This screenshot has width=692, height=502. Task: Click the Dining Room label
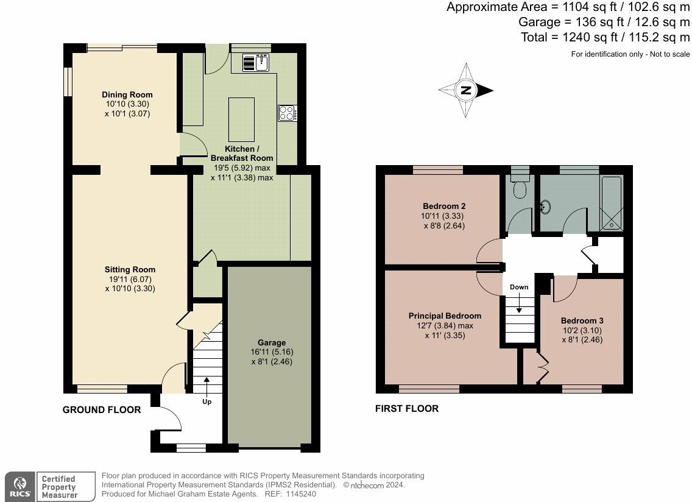[x=127, y=94]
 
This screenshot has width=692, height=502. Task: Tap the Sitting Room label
[x=130, y=269]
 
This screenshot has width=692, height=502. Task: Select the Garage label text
[x=272, y=342]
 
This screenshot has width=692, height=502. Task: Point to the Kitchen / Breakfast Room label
[x=241, y=153]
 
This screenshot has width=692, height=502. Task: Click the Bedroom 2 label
[x=444, y=206]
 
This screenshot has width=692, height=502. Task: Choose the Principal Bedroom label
[x=445, y=316]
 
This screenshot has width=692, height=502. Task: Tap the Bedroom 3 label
[x=582, y=321]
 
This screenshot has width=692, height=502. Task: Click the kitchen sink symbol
[x=255, y=62]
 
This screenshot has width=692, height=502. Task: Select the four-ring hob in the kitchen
[x=288, y=113]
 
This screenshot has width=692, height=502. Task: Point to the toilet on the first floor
[x=520, y=185]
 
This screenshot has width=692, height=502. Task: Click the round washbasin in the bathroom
[x=546, y=206]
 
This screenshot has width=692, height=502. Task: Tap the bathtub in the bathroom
[x=612, y=203]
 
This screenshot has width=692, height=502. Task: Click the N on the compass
[x=465, y=91]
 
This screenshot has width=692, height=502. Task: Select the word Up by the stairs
[x=207, y=401]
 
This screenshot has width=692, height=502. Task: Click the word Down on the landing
[x=519, y=287]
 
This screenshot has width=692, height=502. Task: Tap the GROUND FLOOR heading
[x=102, y=410]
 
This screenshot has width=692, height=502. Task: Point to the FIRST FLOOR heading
[x=407, y=408]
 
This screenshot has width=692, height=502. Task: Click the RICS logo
[x=20, y=487]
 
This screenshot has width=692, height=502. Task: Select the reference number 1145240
[x=300, y=494]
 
